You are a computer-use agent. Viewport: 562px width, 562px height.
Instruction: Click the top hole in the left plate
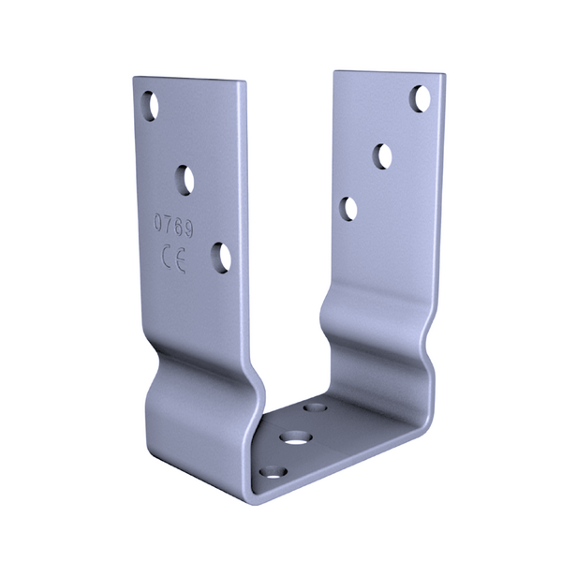tap(150, 106)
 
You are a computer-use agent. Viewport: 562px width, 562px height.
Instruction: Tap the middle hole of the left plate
tap(185, 180)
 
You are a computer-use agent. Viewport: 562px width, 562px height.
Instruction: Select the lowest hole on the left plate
tap(221, 259)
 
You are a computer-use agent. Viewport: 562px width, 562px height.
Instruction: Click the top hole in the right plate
tap(420, 98)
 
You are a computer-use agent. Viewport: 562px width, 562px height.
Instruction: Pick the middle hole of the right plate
tap(382, 156)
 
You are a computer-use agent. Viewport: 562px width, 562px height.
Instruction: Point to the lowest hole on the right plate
tap(349, 209)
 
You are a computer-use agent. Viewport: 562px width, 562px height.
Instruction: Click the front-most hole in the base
tap(274, 472)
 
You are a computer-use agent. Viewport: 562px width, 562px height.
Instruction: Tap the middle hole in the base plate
tap(296, 438)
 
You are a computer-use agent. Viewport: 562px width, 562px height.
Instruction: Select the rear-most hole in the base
tap(315, 407)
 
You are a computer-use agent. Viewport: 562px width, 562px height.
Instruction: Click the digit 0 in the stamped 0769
tap(158, 222)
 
